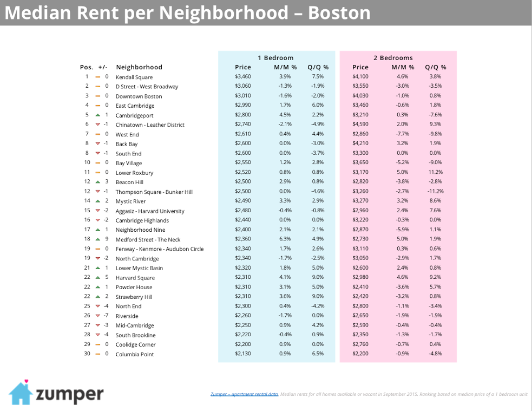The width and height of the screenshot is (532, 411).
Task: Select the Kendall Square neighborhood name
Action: pyautogui.click(x=134, y=77)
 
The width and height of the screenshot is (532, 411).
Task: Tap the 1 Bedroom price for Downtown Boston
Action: pyautogui.click(x=242, y=96)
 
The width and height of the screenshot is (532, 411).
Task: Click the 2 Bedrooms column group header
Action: pyautogui.click(x=393, y=58)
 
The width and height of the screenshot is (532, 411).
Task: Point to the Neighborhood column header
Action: pyautogui.click(x=139, y=67)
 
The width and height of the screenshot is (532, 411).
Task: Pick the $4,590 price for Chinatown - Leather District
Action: pyautogui.click(x=360, y=125)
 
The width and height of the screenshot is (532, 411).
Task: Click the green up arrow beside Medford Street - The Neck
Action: pyautogui.click(x=98, y=239)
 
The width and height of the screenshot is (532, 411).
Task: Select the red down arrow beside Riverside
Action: pyautogui.click(x=98, y=316)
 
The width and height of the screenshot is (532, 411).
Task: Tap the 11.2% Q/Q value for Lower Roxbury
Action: pyautogui.click(x=435, y=173)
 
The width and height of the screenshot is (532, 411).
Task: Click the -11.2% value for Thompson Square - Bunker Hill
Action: pyautogui.click(x=435, y=192)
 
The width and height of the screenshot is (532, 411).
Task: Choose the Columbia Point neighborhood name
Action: pyautogui.click(x=135, y=354)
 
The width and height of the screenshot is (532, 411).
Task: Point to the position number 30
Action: pyautogui.click(x=87, y=354)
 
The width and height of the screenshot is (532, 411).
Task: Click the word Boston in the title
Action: pyautogui.click(x=339, y=12)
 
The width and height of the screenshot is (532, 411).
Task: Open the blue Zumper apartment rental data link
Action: pyautogui.click(x=244, y=394)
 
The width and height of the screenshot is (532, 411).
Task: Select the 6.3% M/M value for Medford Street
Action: pyautogui.click(x=285, y=239)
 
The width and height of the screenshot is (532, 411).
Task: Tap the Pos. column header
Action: pyautogui.click(x=87, y=67)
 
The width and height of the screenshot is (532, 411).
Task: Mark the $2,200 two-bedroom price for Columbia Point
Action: pyautogui.click(x=360, y=354)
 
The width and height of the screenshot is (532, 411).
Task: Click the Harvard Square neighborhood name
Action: pyautogui.click(x=135, y=278)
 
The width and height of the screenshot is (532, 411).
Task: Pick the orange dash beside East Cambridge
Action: pyautogui.click(x=98, y=106)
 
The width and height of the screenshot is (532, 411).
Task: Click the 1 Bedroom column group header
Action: pyautogui.click(x=275, y=58)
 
